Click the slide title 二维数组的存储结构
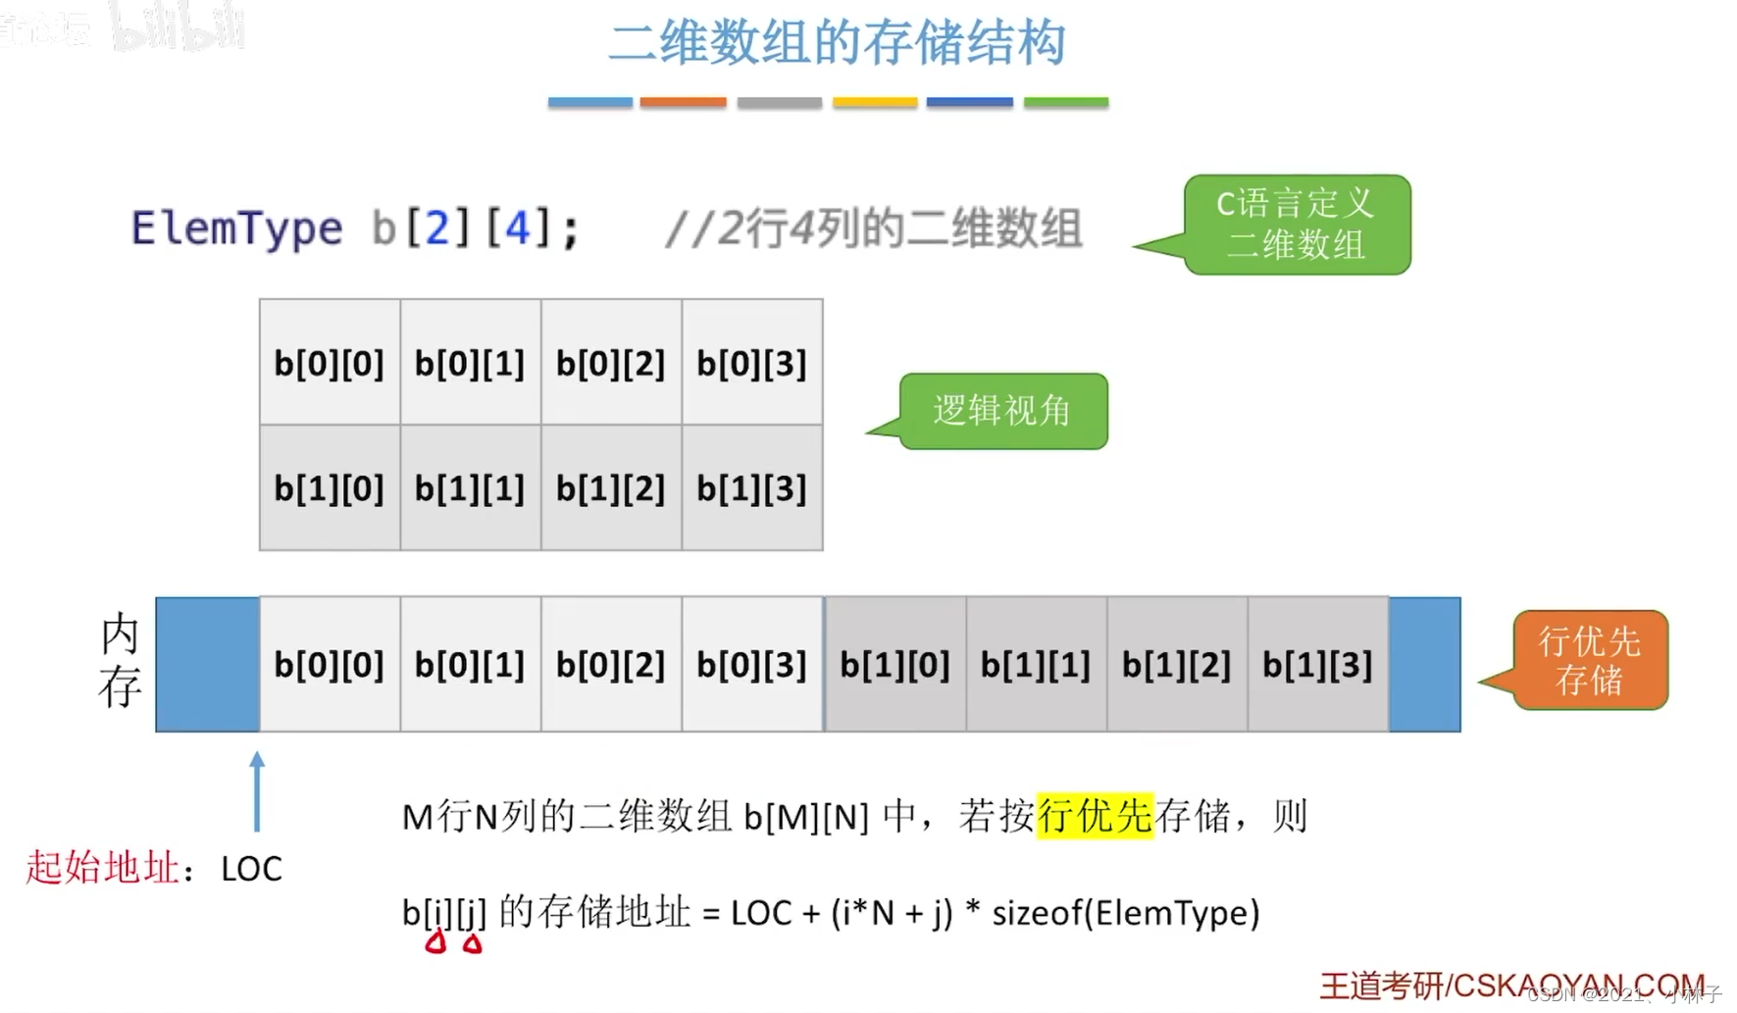tap(837, 44)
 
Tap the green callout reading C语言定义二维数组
tap(1297, 225)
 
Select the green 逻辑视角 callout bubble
tap(1002, 411)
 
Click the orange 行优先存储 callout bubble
tap(1589, 661)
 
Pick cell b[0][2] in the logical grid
tap(611, 364)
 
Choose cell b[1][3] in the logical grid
tap(752, 488)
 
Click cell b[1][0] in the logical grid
tap(330, 488)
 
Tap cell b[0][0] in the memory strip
tap(330, 665)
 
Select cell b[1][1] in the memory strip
tap(1036, 665)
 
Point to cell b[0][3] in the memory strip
tap(752, 665)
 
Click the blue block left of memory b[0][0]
tap(208, 665)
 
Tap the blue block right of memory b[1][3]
tap(1424, 665)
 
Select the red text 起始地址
tap(103, 868)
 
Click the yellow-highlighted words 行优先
tap(1095, 816)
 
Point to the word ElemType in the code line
tap(237, 228)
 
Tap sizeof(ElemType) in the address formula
tap(1126, 913)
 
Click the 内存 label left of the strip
tap(120, 661)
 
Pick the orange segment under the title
tap(683, 102)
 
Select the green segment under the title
tap(1065, 102)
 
